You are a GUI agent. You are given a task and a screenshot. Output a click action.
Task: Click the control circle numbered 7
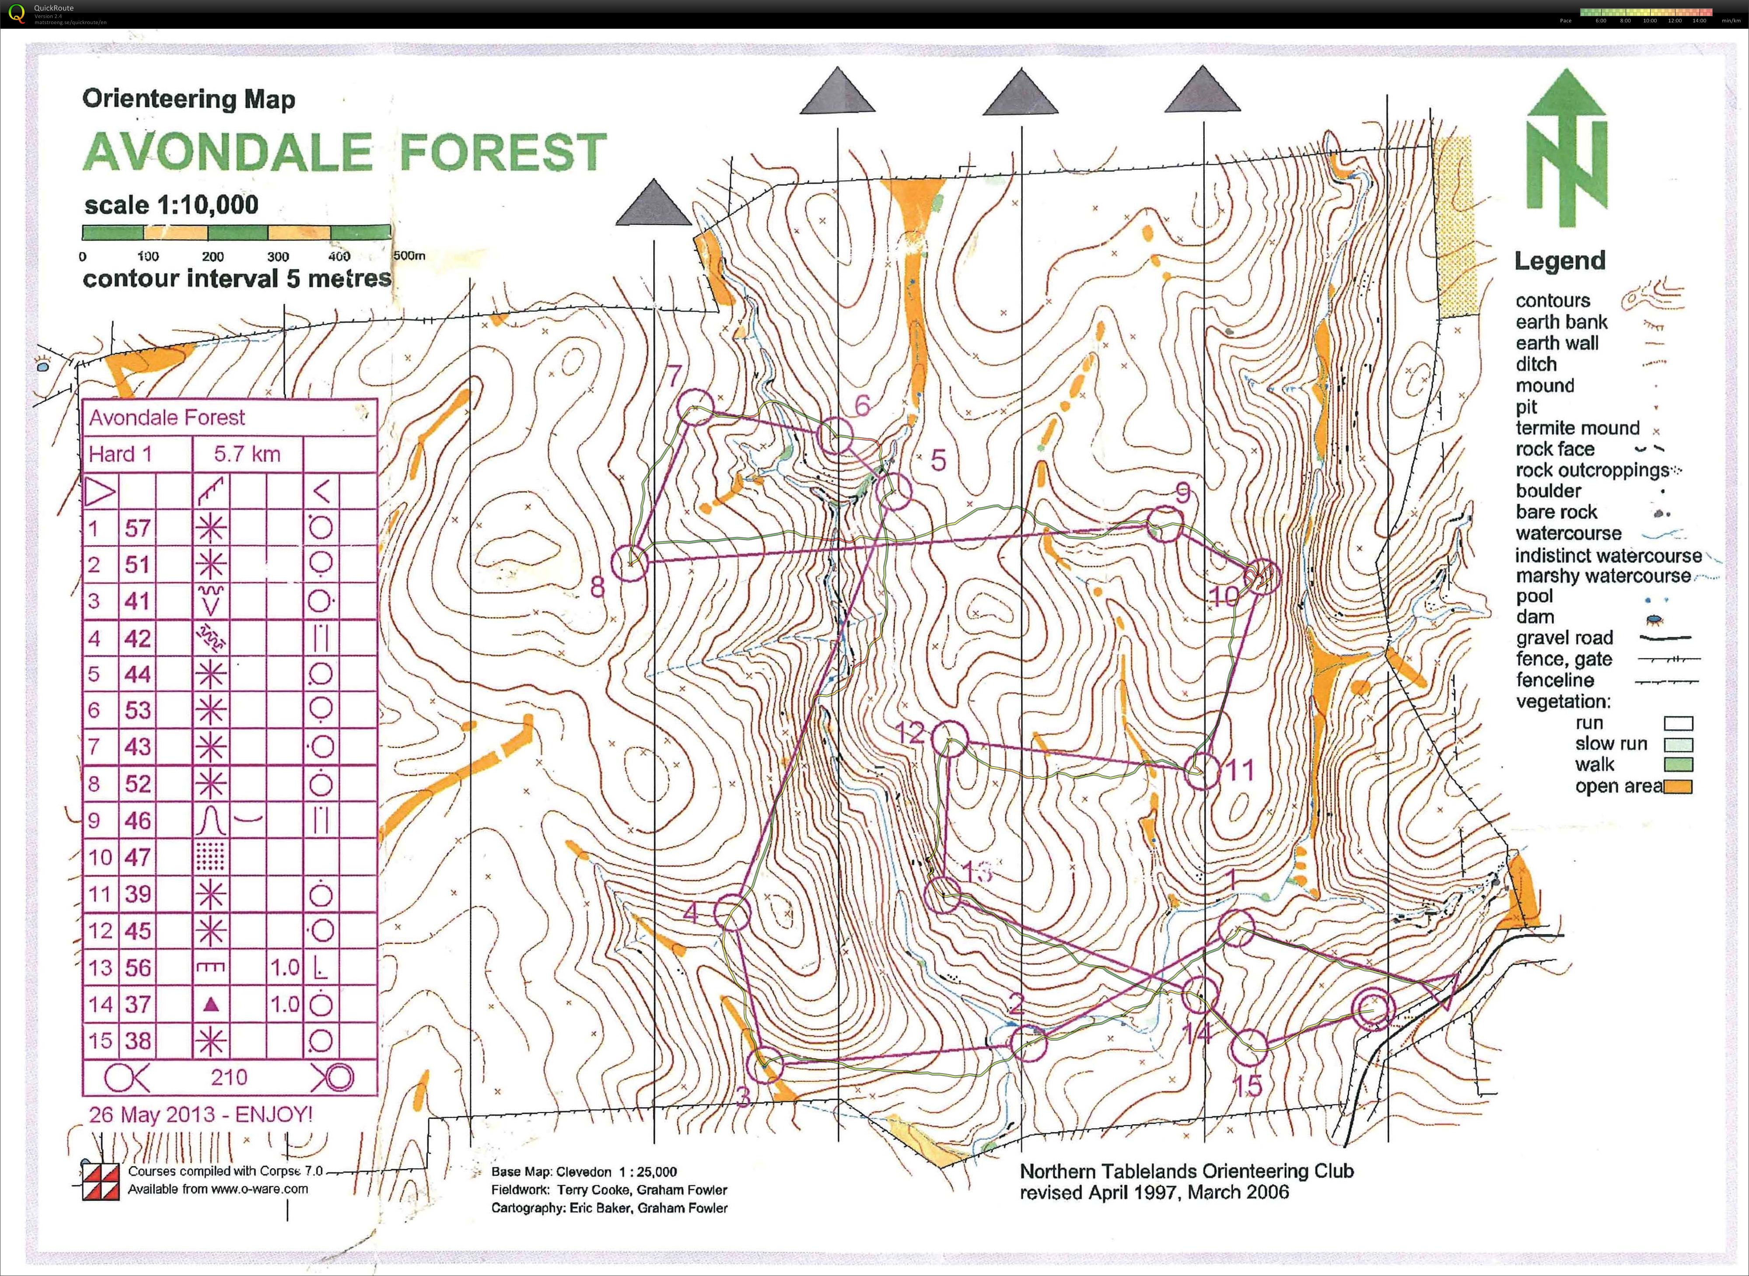(695, 407)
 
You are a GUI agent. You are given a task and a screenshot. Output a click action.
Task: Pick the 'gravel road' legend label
(1564, 638)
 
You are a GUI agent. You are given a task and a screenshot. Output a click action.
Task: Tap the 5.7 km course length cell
(247, 454)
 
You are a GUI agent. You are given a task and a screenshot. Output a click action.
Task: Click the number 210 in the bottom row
(229, 1077)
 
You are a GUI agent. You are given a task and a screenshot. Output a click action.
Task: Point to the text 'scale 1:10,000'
(171, 206)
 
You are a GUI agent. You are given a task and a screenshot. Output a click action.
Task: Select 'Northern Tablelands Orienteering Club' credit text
(1186, 1171)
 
